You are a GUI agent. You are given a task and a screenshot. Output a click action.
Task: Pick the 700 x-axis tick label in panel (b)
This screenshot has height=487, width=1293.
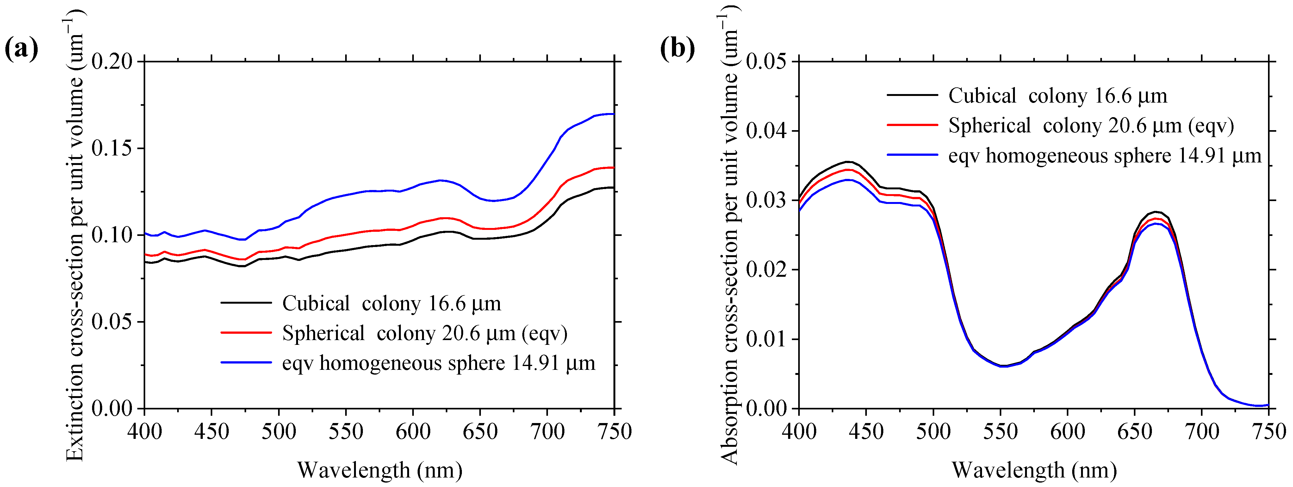tap(1202, 431)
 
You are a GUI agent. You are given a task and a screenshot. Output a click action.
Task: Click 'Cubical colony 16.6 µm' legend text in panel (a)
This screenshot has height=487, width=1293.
tap(392, 304)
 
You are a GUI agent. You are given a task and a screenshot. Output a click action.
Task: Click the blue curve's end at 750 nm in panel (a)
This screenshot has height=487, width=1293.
tap(613, 114)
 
